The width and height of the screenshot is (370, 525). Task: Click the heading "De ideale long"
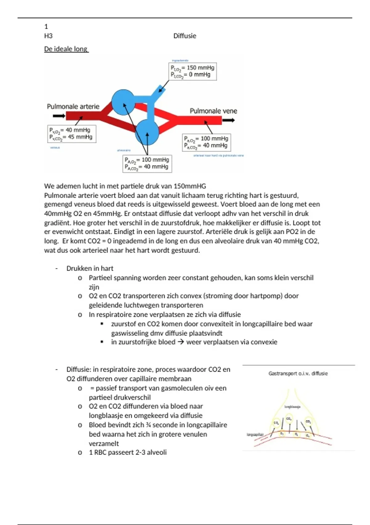(x=66, y=49)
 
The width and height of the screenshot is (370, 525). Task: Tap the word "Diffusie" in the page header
(x=185, y=36)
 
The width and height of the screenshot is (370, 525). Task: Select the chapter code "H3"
(x=48, y=36)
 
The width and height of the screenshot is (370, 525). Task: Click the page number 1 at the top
(x=46, y=27)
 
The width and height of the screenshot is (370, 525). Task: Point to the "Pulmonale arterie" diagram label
(x=73, y=107)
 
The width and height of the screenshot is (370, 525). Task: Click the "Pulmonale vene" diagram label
(x=213, y=111)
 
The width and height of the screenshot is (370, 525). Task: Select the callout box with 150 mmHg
(x=193, y=71)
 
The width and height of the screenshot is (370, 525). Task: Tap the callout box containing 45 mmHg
(x=72, y=134)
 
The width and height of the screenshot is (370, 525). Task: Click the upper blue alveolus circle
(x=123, y=102)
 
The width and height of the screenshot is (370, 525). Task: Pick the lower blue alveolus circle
(x=147, y=132)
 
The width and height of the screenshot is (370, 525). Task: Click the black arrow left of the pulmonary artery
(x=59, y=116)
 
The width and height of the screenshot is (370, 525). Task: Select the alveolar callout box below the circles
(x=147, y=163)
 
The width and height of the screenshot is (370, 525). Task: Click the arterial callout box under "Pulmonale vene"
(x=206, y=142)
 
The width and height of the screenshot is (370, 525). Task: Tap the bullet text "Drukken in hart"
(x=90, y=268)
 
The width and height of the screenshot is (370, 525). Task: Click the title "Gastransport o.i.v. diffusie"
(x=298, y=373)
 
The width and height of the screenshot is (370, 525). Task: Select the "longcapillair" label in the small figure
(x=255, y=435)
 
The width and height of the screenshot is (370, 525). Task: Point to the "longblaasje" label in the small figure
(x=292, y=407)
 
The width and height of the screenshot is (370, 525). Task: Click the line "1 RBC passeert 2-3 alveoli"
(x=128, y=452)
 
